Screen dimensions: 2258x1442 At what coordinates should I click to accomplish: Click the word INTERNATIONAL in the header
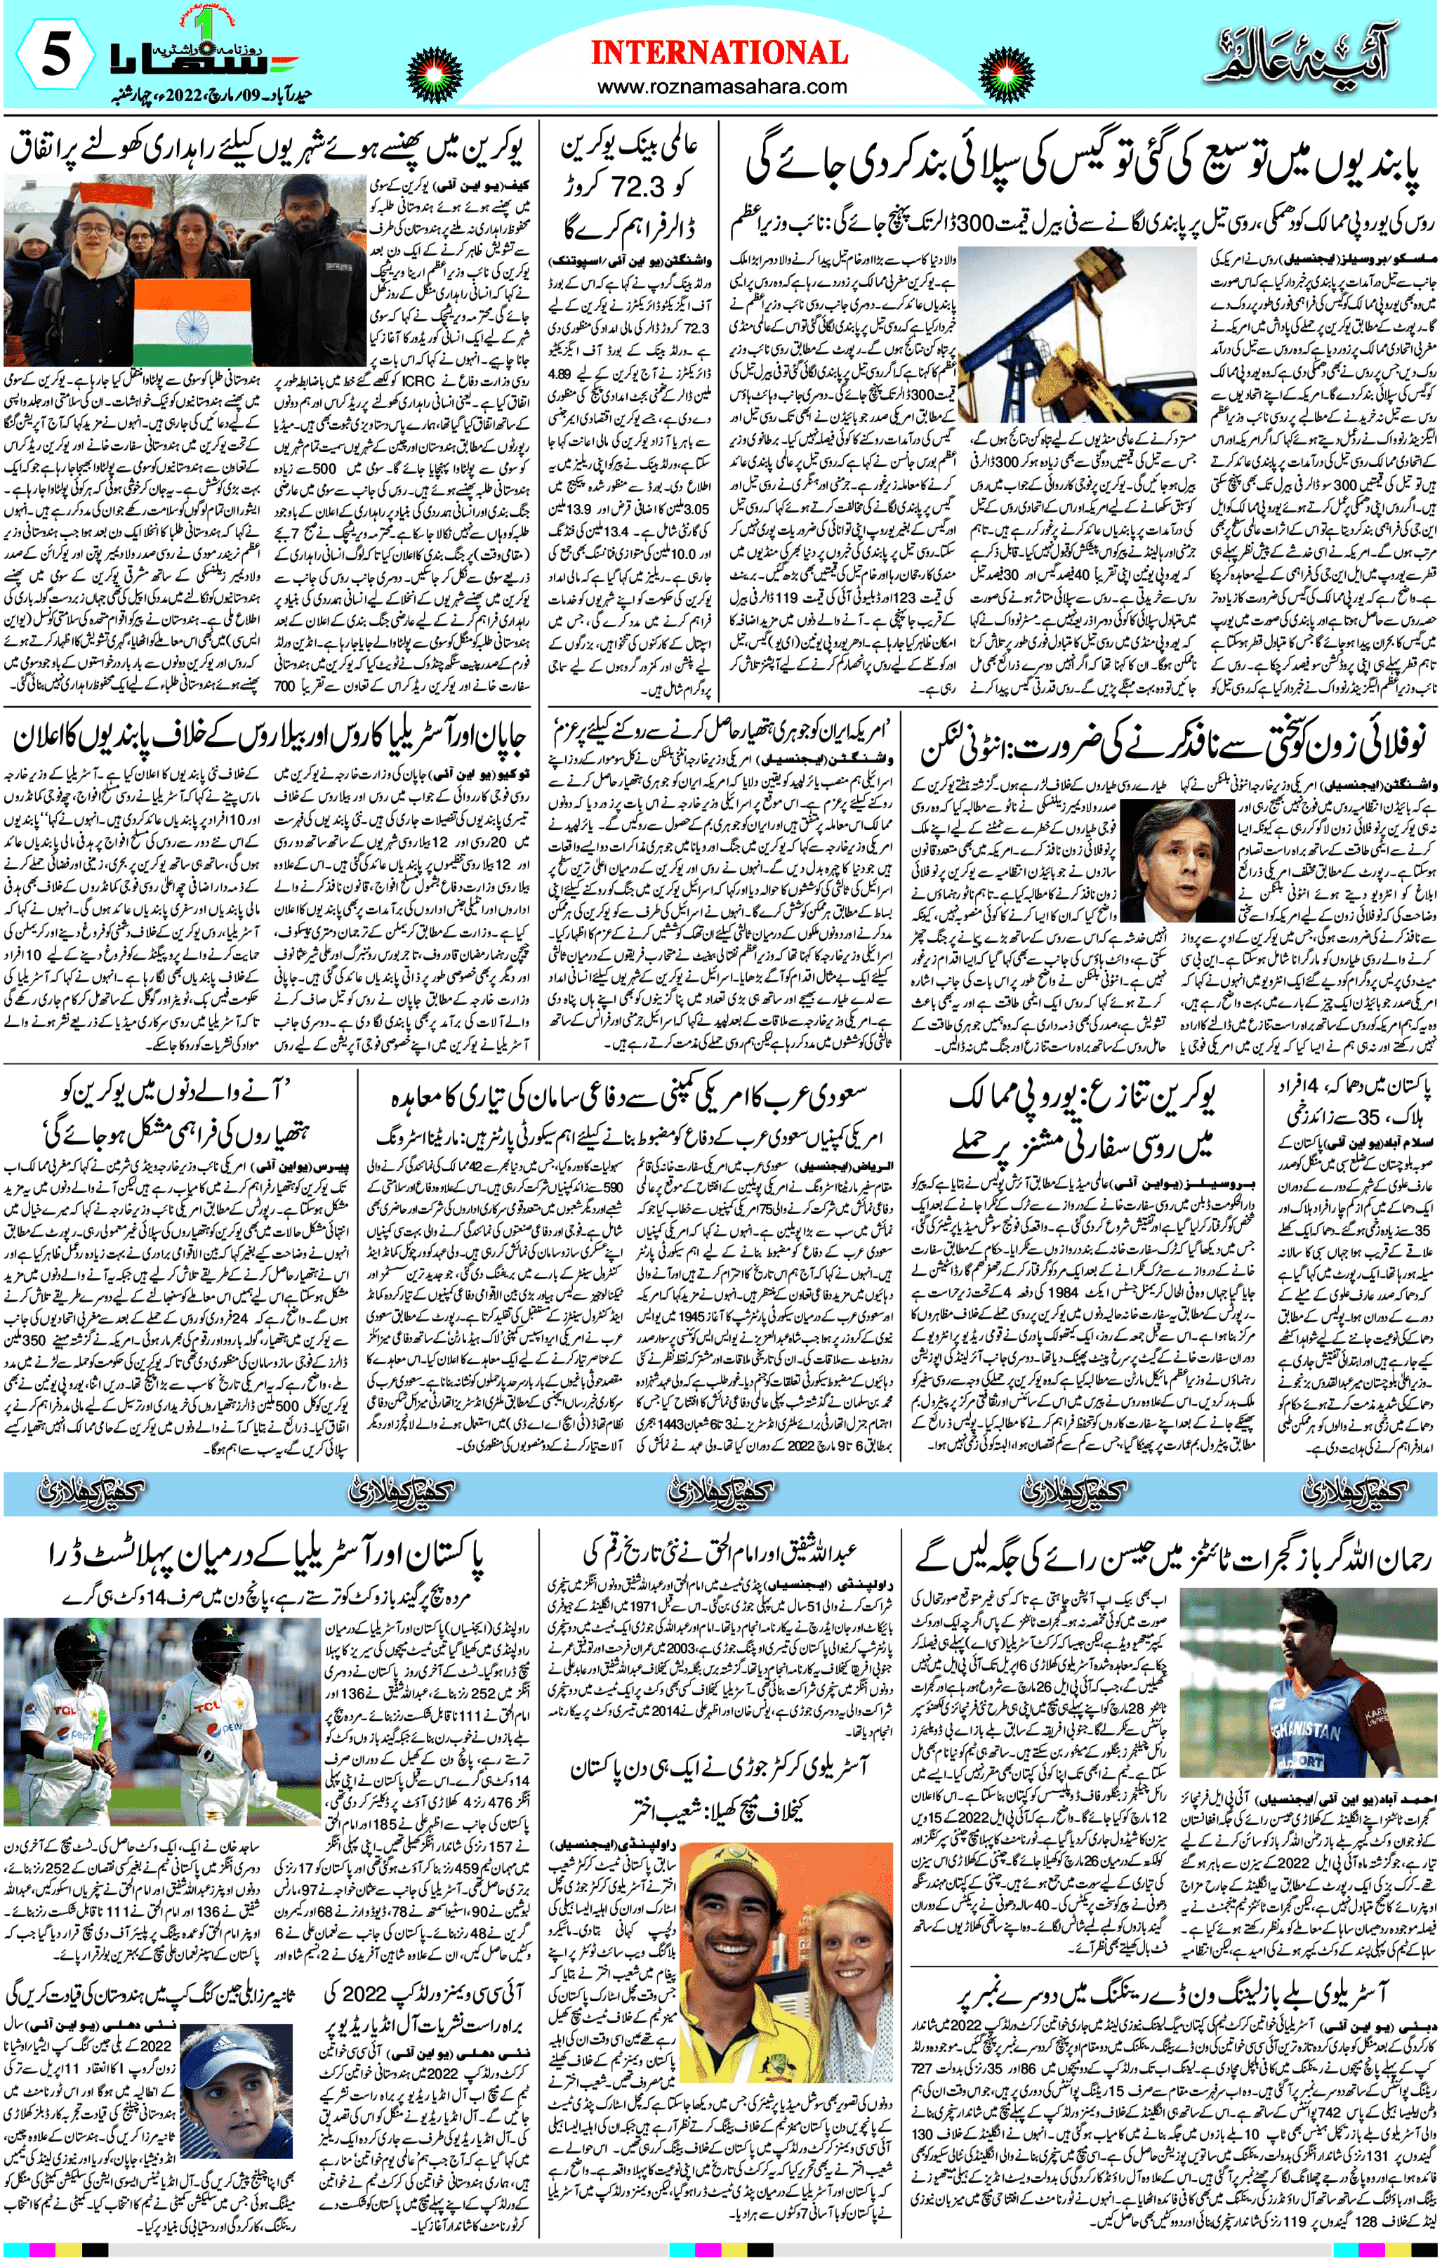tap(719, 53)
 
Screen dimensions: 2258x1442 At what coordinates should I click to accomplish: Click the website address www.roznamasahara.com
tap(719, 87)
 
